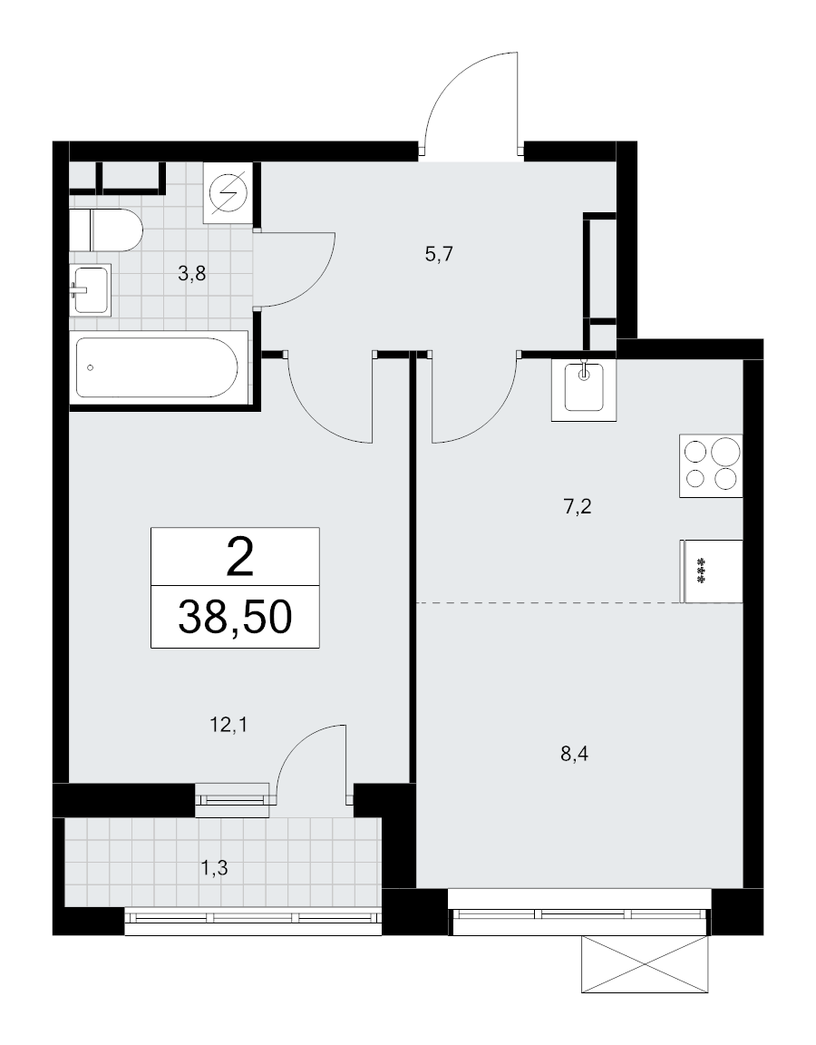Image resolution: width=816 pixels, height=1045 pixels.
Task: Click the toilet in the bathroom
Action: click(106, 230)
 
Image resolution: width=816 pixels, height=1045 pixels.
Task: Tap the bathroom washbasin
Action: click(90, 289)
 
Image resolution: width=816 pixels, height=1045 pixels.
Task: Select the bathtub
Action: click(159, 366)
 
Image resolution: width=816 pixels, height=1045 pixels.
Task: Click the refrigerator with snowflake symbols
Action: click(711, 571)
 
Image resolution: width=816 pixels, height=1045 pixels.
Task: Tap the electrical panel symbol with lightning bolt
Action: click(228, 192)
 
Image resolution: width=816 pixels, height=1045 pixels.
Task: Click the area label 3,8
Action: click(192, 273)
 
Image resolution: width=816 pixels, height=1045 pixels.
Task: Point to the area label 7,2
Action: click(578, 507)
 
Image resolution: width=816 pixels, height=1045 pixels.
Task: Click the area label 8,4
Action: click(574, 755)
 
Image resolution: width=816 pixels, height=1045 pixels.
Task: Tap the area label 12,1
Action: click(228, 725)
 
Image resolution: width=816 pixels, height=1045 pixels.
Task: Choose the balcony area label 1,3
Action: click(215, 868)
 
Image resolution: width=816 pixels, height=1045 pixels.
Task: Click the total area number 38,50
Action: click(235, 617)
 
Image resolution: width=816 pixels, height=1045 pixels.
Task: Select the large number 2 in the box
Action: click(239, 557)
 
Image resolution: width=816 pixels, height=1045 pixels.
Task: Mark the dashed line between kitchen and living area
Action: click(579, 603)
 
